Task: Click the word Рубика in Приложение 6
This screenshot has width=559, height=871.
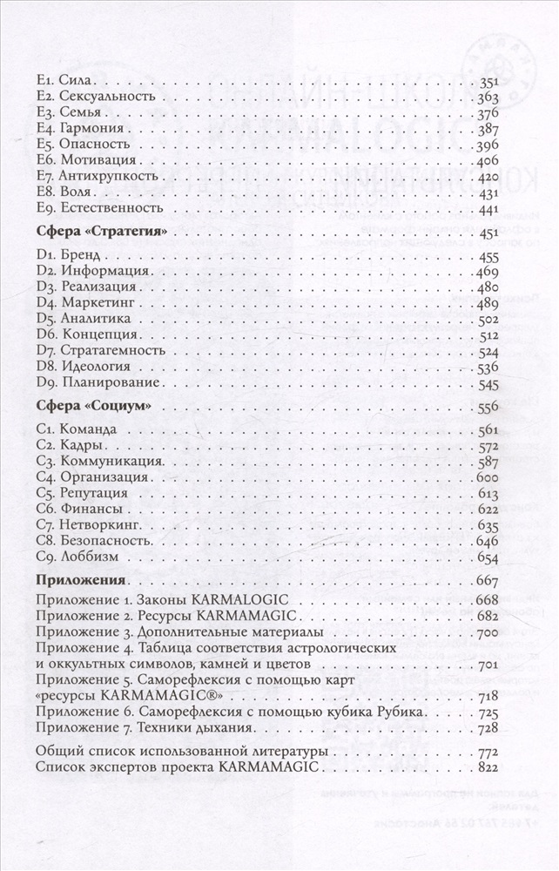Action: pos(400,712)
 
